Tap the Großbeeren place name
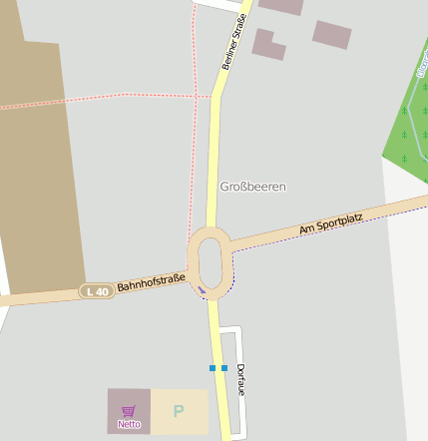252,187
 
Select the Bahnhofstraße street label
151,285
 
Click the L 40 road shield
97,291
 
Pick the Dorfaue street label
241,380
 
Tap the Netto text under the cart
129,424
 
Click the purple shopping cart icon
129,411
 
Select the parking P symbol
179,411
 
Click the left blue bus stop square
213,368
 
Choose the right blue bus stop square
224,368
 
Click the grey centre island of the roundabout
210,261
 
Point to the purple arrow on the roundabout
202,290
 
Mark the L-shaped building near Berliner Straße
267,44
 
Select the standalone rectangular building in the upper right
332,35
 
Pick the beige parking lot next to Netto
180,411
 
